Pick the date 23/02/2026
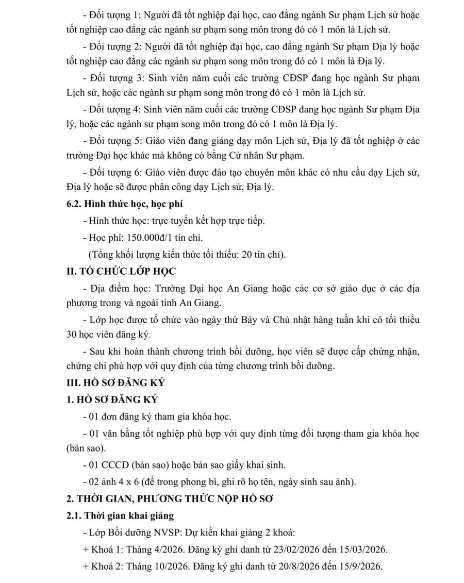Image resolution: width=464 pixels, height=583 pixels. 286,548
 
